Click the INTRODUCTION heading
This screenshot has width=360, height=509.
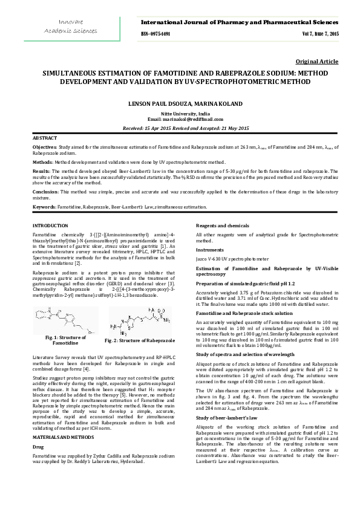point(50,225)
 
